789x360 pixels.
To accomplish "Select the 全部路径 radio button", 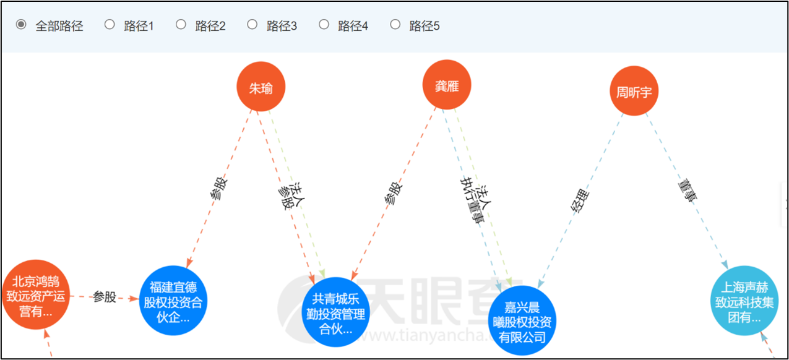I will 22,25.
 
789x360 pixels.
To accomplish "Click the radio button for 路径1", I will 110,25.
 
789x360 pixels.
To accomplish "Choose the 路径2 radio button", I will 181,25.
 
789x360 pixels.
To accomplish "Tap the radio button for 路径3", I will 252,25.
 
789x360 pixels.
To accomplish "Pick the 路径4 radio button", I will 324,25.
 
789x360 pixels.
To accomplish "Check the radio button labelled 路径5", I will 395,25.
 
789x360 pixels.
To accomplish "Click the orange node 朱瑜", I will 261,88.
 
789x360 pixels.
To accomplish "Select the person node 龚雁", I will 447,86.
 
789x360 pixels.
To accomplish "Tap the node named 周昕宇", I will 634,92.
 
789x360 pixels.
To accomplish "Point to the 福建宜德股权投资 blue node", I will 173,302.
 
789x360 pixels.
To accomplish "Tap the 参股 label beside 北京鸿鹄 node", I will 105,297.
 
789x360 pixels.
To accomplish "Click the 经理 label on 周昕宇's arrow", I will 580,202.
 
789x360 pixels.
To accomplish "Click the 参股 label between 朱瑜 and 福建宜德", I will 219,189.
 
